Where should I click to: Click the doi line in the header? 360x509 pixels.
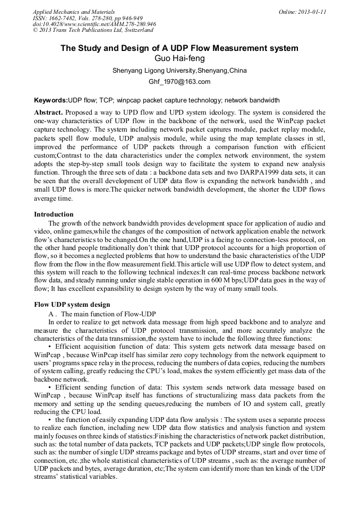[x=94, y=24]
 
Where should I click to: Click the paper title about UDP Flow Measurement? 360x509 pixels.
[x=179, y=48]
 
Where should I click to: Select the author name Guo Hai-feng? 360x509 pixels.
[x=179, y=58]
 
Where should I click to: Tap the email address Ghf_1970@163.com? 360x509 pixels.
[x=179, y=82]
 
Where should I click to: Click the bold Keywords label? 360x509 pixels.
[x=51, y=100]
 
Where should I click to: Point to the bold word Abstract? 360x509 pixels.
[x=49, y=113]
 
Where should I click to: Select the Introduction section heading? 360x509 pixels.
[x=54, y=214]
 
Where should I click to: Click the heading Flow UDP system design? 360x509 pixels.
[x=72, y=305]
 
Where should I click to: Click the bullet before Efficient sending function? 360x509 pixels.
[x=49, y=388]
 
